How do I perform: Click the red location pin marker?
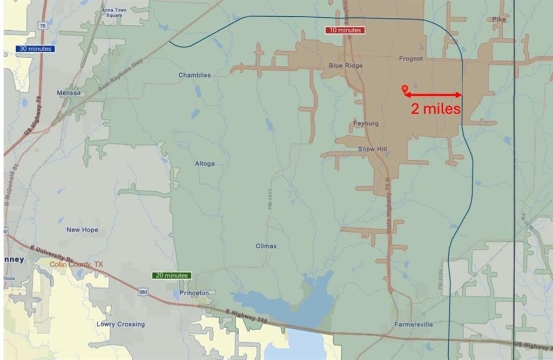(404, 89)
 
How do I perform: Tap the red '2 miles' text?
(435, 108)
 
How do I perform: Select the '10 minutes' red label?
(345, 30)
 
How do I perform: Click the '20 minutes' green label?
(172, 275)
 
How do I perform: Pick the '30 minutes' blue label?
(35, 49)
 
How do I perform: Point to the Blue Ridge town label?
(346, 65)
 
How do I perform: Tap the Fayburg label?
(366, 123)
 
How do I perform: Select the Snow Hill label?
(373, 149)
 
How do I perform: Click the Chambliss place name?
(194, 75)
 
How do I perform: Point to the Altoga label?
(205, 164)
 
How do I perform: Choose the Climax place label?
(266, 246)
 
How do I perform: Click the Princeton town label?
(194, 293)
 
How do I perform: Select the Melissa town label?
(69, 93)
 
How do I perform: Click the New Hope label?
(82, 230)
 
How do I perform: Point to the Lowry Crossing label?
(120, 324)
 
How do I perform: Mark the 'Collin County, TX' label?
(76, 264)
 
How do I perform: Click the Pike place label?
(499, 19)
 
